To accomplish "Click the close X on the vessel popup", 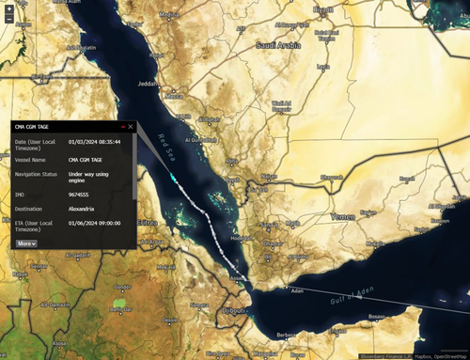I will coord(131,126).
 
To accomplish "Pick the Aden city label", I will coord(299,291).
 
